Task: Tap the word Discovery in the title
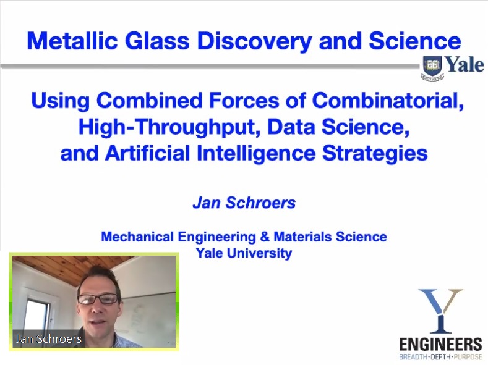point(254,41)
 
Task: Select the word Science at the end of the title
point(415,41)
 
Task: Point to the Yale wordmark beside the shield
point(464,65)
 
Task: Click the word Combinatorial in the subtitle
point(388,101)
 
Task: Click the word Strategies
point(375,154)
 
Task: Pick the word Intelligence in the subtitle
point(256,154)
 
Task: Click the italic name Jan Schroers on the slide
point(244,203)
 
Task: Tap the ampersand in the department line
point(264,237)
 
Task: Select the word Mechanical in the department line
point(137,237)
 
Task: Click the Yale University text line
point(244,253)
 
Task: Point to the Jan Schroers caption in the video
point(49,338)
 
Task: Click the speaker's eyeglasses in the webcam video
point(98,299)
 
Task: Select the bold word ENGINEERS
point(440,345)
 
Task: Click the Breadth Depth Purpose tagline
point(440,356)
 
